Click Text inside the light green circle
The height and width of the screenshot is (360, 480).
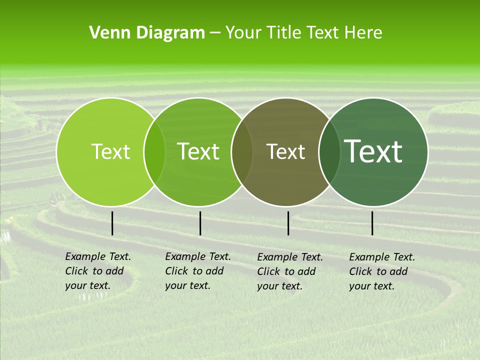[110, 151]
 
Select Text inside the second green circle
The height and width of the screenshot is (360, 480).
[198, 151]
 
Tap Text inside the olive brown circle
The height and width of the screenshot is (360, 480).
[285, 151]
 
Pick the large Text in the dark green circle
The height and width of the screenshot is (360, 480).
[373, 151]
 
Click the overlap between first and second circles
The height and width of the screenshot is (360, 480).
[154, 151]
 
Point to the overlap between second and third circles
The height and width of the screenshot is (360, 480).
[242, 151]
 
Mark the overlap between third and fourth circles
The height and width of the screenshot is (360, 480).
[329, 151]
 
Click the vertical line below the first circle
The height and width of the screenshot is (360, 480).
[112, 223]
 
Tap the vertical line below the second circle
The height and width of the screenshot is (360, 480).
[200, 223]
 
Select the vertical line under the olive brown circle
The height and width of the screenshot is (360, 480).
[288, 223]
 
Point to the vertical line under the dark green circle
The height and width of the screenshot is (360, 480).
[372, 223]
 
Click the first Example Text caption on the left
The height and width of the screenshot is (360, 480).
[97, 271]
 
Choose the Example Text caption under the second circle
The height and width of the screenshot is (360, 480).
[197, 271]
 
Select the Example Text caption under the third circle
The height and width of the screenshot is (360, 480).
[289, 271]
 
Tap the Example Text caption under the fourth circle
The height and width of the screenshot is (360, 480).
[381, 271]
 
